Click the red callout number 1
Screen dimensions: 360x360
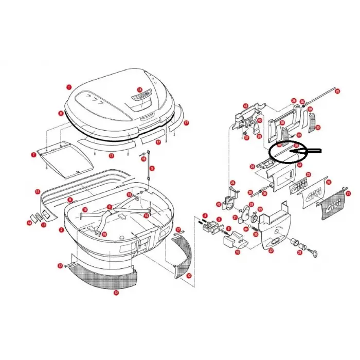[69, 87]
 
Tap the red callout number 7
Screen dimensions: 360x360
[33, 154]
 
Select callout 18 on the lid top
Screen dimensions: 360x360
[139, 89]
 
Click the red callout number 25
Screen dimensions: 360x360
[337, 92]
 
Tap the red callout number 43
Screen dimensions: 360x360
[246, 106]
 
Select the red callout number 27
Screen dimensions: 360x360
[271, 251]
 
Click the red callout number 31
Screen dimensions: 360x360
[348, 193]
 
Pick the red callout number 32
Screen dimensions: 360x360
[329, 182]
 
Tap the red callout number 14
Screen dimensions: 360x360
[29, 222]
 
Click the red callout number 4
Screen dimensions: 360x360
[205, 215]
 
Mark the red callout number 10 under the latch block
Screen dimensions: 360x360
[238, 252]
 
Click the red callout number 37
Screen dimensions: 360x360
[246, 138]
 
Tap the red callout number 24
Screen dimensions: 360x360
[232, 183]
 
